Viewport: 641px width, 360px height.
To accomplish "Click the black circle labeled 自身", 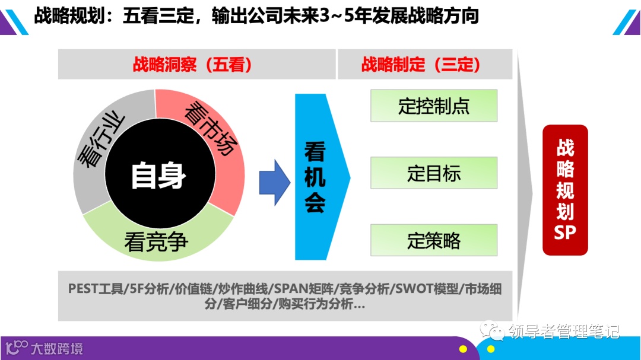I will pyautogui.click(x=158, y=176).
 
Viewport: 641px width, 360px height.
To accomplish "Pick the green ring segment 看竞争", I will pyautogui.click(x=157, y=241).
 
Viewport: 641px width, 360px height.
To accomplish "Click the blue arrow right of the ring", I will pyautogui.click(x=274, y=182).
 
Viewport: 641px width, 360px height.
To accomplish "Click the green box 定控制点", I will pyautogui.click(x=434, y=106).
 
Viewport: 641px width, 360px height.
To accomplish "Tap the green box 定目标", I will pyautogui.click(x=434, y=173).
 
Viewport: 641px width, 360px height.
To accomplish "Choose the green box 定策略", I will pyautogui.click(x=434, y=240).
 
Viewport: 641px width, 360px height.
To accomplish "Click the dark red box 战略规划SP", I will pyautogui.click(x=565, y=190).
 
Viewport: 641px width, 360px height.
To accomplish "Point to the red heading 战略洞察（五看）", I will pyautogui.click(x=192, y=64).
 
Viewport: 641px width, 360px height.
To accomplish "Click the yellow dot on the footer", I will pyautogui.click(x=462, y=349).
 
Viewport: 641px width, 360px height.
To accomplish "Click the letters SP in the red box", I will pyautogui.click(x=565, y=232).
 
